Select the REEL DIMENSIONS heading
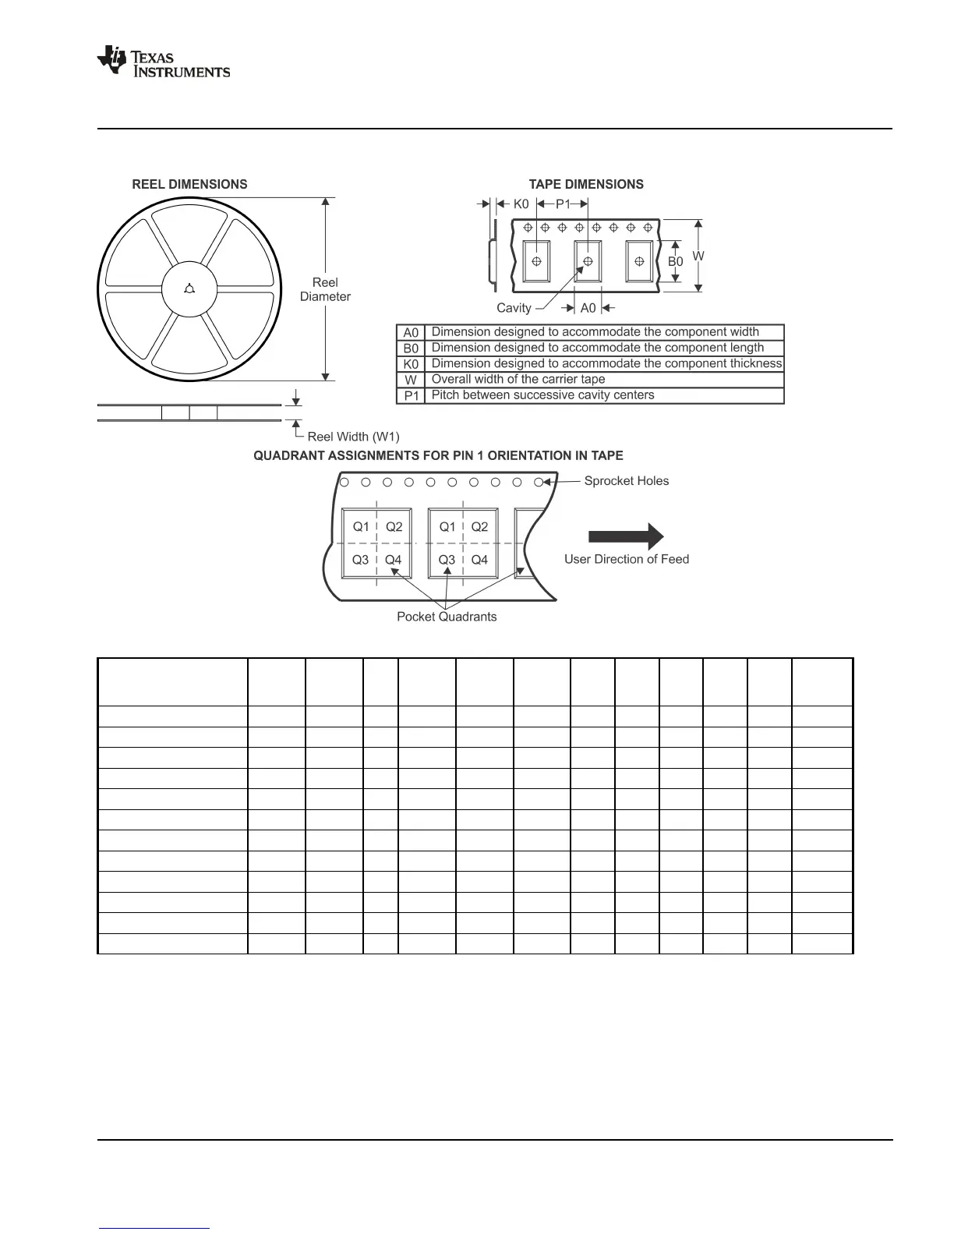coord(189,184)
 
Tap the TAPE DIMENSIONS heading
coord(586,184)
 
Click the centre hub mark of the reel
coord(189,290)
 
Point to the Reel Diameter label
coord(325,289)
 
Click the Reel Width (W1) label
coord(353,437)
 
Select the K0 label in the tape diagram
coord(521,204)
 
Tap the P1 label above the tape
coord(563,204)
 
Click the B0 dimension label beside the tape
coord(675,262)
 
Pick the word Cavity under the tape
coord(514,308)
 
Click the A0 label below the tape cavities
coord(588,308)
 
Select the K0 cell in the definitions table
coord(411,364)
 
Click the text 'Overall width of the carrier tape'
coord(518,380)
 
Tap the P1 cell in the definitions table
coord(411,396)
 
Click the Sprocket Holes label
coord(626,481)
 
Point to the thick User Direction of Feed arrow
coord(625,536)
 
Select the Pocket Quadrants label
coord(447,617)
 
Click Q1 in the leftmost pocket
coord(361,527)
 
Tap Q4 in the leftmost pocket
coord(393,560)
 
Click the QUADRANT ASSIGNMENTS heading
coord(438,455)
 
